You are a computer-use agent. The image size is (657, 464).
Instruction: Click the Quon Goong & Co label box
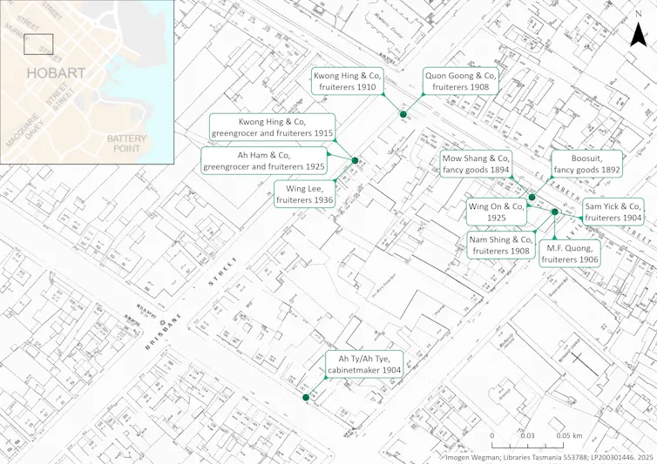pyautogui.click(x=461, y=82)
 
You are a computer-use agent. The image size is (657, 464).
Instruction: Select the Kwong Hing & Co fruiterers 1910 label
pyautogui.click(x=346, y=82)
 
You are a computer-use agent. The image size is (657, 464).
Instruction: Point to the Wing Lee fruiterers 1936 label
pyautogui.click(x=304, y=194)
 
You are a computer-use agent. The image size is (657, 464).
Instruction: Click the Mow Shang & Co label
pyautogui.click(x=476, y=165)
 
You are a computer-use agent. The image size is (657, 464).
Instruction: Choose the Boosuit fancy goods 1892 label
pyautogui.click(x=589, y=165)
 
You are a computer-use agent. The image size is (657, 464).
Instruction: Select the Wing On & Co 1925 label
pyautogui.click(x=498, y=212)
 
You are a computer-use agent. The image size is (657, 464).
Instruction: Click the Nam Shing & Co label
pyautogui.click(x=500, y=245)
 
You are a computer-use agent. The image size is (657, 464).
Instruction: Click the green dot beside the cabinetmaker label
pyautogui.click(x=305, y=398)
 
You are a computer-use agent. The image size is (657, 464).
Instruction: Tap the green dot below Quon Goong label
pyautogui.click(x=403, y=114)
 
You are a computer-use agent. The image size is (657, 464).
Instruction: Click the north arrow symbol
pyautogui.click(x=637, y=33)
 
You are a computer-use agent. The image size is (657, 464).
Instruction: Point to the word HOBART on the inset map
pyautogui.click(x=56, y=74)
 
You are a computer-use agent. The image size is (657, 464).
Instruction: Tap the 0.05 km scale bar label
pyautogui.click(x=571, y=435)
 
